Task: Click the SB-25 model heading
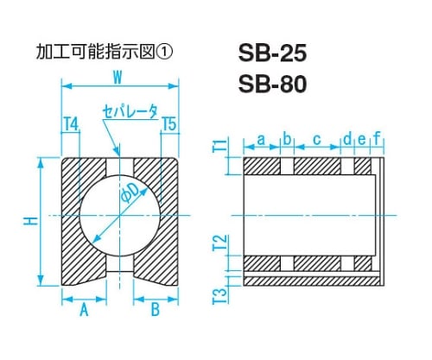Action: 272,54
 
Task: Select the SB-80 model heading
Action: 272,84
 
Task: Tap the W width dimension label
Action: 118,77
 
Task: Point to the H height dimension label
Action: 33,221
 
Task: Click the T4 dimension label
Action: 71,124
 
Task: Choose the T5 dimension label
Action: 169,124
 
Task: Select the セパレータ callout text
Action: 130,111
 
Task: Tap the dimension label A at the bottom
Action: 84,310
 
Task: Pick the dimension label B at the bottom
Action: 156,310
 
